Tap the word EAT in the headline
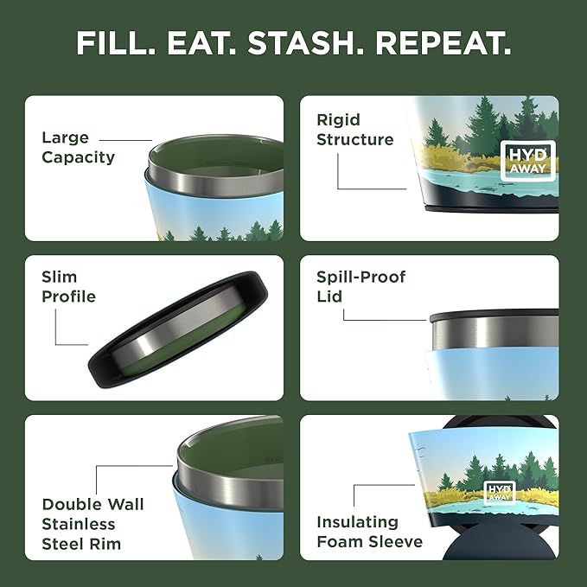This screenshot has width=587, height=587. click(x=200, y=43)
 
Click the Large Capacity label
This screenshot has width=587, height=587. click(x=78, y=148)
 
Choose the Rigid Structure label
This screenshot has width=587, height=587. click(x=354, y=130)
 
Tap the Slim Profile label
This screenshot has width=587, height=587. click(x=68, y=287)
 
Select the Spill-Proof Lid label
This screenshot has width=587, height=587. click(x=360, y=287)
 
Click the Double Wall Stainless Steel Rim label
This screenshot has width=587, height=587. click(x=93, y=524)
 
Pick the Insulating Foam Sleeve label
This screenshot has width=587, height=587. click(x=369, y=533)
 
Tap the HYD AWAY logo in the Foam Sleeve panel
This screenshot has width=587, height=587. click(x=499, y=492)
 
